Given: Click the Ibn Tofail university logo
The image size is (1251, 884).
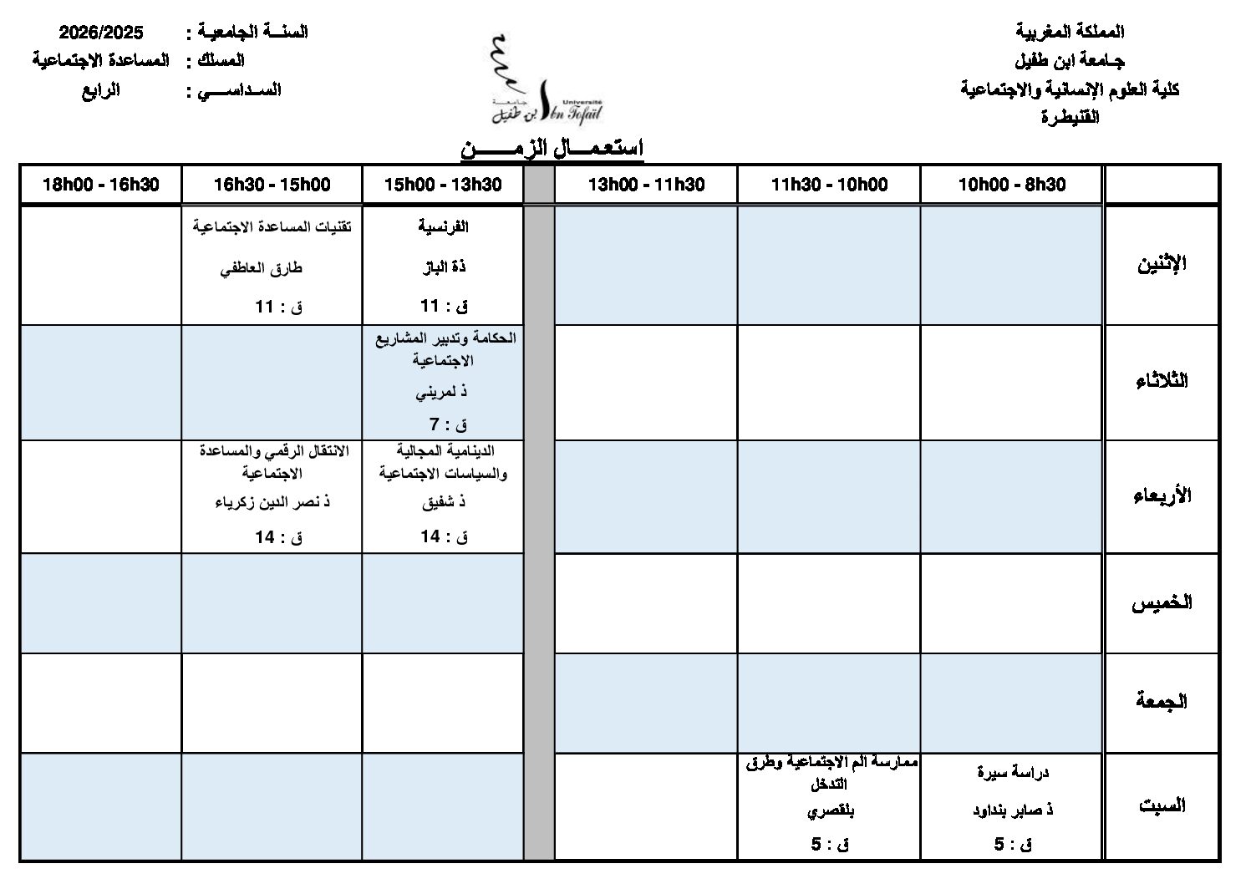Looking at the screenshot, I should point(545,80).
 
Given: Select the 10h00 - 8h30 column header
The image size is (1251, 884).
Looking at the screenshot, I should point(1011,185).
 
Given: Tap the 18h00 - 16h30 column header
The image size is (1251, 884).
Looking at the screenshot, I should point(100,185).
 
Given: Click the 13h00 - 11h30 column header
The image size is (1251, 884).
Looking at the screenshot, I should point(645,185).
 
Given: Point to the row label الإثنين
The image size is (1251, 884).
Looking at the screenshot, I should point(1162,266).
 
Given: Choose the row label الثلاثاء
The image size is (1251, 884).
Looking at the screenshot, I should point(1162,381).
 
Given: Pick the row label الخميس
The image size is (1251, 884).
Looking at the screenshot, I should point(1162,603).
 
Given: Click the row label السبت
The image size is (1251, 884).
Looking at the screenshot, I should point(1162,806).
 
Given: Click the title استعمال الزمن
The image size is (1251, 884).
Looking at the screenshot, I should point(552,150).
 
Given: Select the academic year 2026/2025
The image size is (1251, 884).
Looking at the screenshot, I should point(100,33).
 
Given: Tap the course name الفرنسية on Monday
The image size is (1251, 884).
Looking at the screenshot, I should point(442,226).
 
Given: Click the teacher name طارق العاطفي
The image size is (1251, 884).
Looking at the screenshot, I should point(261,268).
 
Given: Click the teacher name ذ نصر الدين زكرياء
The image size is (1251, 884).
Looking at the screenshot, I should point(272,502).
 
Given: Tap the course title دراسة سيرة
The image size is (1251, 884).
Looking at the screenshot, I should point(1013,772).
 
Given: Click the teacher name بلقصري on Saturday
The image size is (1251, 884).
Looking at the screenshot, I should point(831,810).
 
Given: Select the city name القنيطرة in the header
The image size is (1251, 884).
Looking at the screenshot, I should point(1070,117).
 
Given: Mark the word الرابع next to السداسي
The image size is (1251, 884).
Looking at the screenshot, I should point(100,89).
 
